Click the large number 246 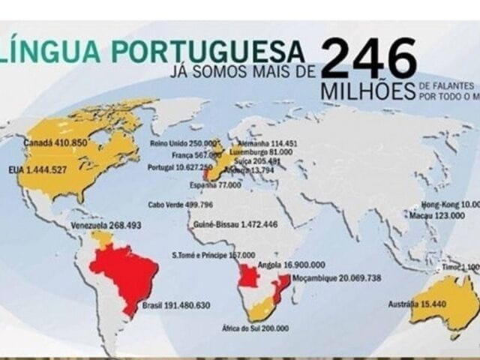(368, 59)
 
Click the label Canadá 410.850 (56, 142)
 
